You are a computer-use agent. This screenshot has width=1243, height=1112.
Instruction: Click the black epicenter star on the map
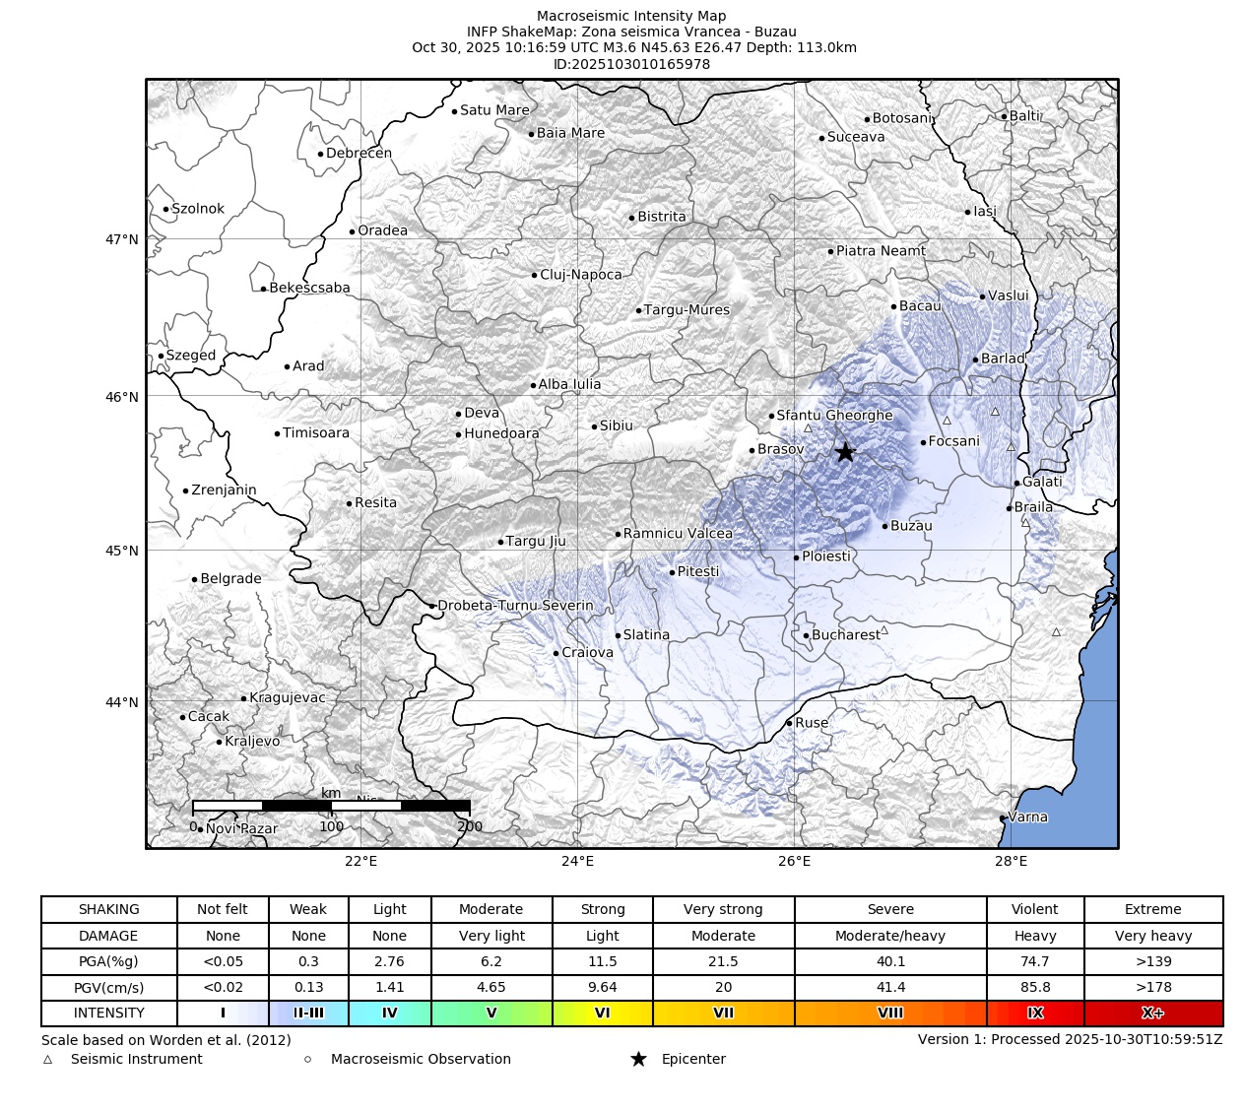click(x=845, y=452)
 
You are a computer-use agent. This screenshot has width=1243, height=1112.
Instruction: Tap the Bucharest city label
click(x=845, y=635)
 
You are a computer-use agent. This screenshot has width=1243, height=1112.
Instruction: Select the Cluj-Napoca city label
click(x=580, y=275)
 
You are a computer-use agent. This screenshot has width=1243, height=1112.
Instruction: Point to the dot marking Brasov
click(x=752, y=450)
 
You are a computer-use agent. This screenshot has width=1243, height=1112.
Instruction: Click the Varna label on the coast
click(x=1027, y=817)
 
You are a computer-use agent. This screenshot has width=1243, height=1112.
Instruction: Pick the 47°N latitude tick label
click(x=121, y=239)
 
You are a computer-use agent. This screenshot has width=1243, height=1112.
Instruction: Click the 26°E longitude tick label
click(x=794, y=862)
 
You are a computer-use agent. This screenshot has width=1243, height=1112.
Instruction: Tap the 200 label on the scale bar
click(x=470, y=826)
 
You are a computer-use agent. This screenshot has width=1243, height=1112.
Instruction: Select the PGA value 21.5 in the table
click(x=723, y=961)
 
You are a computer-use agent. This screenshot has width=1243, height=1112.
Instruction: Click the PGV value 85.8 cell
click(x=1034, y=987)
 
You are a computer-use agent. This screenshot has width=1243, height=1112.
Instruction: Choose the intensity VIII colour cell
click(x=889, y=1013)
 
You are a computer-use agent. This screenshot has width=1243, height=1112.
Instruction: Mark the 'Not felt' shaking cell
click(x=223, y=909)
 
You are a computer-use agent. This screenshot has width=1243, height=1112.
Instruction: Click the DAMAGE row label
click(x=108, y=936)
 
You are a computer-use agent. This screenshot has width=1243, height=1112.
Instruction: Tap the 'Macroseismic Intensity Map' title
click(x=631, y=16)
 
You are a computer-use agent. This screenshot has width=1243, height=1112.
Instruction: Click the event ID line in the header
click(x=631, y=64)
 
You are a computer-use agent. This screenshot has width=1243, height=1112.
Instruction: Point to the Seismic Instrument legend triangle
click(x=47, y=1060)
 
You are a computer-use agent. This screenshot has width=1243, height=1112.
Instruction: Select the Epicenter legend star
click(x=638, y=1059)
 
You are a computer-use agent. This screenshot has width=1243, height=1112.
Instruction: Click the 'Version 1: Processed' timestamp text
click(x=1070, y=1039)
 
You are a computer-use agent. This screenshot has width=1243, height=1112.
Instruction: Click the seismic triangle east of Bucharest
click(x=883, y=629)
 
